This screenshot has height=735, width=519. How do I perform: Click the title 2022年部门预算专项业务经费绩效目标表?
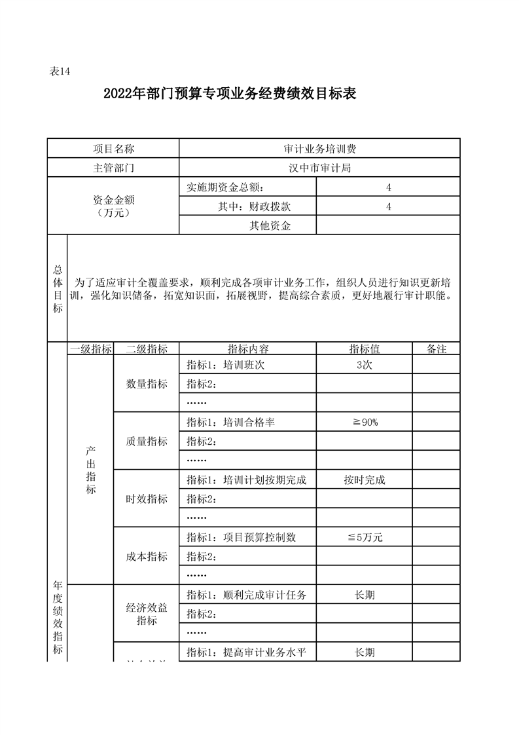230,94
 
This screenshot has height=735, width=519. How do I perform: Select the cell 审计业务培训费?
319,149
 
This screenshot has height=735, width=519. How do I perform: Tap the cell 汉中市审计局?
319,168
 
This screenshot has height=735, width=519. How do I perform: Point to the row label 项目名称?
114,149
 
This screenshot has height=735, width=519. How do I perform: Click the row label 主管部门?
114,168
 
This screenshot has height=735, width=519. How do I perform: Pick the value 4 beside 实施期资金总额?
388,187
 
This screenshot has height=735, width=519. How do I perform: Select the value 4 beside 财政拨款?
388,206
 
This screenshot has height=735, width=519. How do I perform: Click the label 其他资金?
270,225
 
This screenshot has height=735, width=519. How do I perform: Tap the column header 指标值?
364,349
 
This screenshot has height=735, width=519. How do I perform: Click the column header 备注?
436,349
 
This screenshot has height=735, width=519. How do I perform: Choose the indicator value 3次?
364,365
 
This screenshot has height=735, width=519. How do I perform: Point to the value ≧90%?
364,423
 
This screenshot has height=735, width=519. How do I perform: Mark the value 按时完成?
364,480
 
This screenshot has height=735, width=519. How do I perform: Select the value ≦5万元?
364,538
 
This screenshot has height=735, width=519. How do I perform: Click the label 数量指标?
147,384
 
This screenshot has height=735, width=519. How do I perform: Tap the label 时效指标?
147,499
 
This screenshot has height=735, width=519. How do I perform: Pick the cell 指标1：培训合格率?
230,423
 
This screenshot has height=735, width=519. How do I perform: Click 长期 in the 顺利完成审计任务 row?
364,595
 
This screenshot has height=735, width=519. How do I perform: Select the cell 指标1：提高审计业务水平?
247,652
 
